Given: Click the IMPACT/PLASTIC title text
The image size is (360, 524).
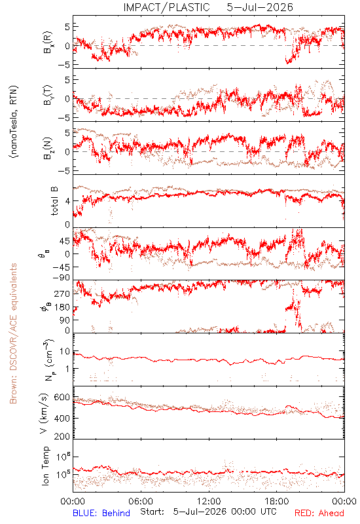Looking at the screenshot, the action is (x=166, y=7).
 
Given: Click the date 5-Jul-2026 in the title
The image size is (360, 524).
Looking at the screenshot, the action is (x=260, y=7).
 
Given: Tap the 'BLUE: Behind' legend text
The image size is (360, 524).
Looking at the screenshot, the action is (x=101, y=513).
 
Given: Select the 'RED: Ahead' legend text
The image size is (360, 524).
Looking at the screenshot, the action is (x=319, y=513).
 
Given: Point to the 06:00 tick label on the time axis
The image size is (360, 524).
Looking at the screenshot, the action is (x=141, y=501).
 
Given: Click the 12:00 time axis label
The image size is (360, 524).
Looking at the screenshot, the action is (x=209, y=501).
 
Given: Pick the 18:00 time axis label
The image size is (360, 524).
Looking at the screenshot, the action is (x=277, y=501).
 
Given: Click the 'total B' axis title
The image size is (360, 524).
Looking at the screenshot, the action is (x=54, y=201).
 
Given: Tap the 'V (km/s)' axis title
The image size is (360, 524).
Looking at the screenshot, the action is (x=45, y=413).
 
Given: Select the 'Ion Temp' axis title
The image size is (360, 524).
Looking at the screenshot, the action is (x=45, y=466).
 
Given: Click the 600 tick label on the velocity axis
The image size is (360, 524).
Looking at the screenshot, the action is (x=62, y=398).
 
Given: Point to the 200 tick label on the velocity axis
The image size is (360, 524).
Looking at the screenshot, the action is (x=62, y=436).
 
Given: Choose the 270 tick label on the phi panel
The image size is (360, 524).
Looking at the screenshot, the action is (x=62, y=293).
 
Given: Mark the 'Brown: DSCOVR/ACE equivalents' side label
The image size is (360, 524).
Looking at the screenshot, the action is (x=13, y=333).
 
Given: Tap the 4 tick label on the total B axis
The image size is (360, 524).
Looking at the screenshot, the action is (x=67, y=201).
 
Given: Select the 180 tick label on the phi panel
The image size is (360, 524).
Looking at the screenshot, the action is (x=62, y=307).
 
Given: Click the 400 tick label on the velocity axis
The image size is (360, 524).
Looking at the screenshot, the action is (x=62, y=418).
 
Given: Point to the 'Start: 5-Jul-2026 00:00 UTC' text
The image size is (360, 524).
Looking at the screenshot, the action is (x=208, y=512).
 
